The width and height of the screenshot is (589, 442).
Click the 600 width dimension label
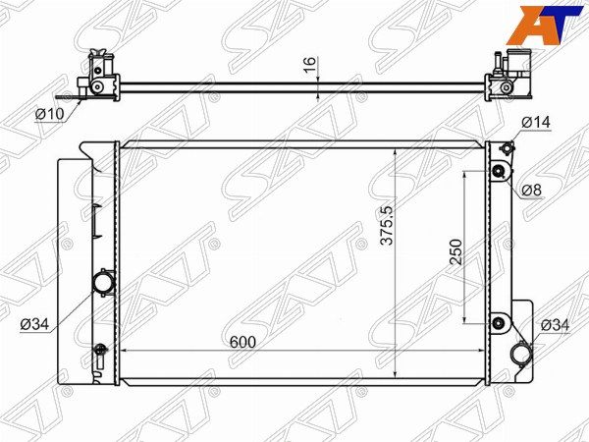coord(242,342)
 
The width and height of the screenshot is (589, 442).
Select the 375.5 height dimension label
coord(387,226)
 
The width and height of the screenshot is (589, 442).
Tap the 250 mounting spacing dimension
coord(455,251)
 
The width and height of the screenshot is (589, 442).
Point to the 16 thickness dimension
coord(310,65)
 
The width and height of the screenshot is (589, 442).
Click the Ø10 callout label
coord(50,114)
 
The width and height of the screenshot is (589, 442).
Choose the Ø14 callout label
coord(536,122)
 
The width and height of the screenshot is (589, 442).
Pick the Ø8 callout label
coord(532,191)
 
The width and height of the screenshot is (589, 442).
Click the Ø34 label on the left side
coord(34,324)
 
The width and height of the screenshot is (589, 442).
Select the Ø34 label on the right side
coord(556,325)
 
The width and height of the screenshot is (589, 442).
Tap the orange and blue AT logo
coord(548,26)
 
